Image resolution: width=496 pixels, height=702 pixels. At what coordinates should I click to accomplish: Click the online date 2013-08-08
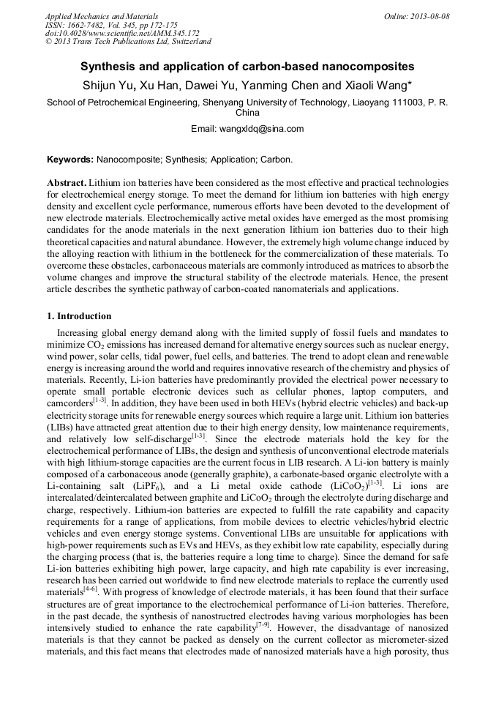click(430, 16)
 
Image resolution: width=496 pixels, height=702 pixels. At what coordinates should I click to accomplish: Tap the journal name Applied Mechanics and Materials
click(102, 16)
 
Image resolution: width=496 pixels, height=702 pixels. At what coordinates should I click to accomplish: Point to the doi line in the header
click(122, 34)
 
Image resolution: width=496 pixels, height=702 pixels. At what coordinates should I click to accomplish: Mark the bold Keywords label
click(69, 159)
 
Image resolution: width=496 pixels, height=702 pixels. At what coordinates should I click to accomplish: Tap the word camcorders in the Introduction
click(69, 403)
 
